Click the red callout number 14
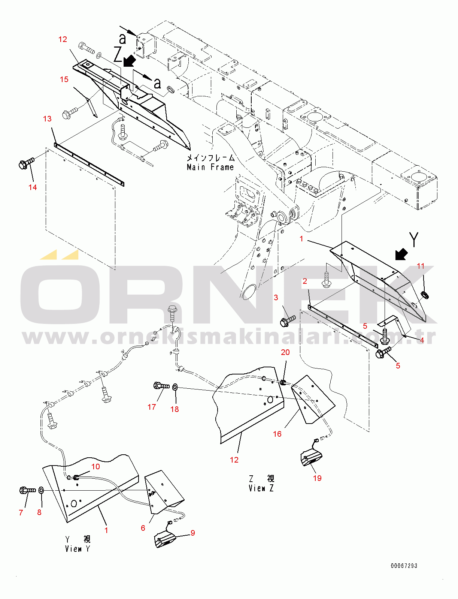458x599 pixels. tap(33, 187)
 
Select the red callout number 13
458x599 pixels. tap(47, 119)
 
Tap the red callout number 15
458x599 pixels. tap(64, 79)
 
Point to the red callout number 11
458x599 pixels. tap(421, 266)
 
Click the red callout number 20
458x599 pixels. tap(285, 352)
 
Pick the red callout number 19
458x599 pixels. tap(317, 478)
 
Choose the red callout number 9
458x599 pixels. tap(193, 533)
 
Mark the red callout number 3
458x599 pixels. tap(276, 298)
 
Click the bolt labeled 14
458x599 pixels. tap(26, 163)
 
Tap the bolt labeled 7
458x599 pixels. tap(28, 490)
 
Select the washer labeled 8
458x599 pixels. tap(42, 490)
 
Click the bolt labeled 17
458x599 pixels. tap(162, 386)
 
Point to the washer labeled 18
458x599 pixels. tap(175, 387)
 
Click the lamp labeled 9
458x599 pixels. tap(166, 540)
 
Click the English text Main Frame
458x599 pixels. tap(210, 167)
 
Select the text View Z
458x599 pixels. tap(261, 488)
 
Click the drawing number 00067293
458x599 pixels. tap(404, 566)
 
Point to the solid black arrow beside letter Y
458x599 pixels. tap(401, 255)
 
